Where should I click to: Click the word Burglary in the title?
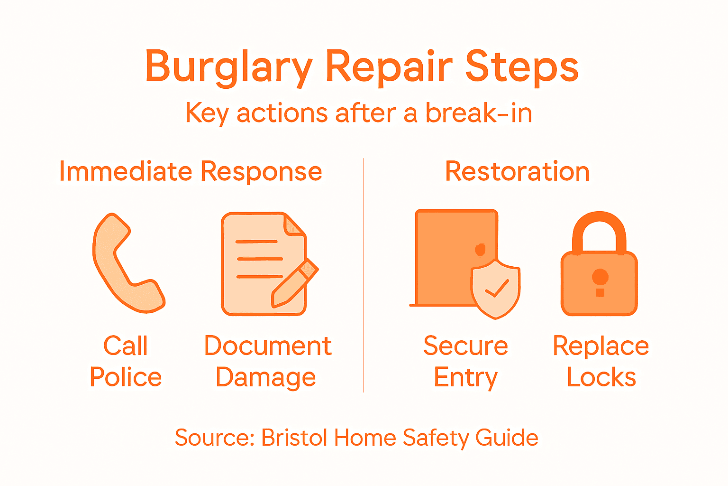228,67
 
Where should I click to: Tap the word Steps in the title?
521,67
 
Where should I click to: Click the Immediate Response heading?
191,171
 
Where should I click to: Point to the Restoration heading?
517,171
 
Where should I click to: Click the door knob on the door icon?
480,249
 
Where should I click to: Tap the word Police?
126,377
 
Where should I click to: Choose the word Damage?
266,378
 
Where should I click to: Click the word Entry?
465,378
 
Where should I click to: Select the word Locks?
601,377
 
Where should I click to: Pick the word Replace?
601,346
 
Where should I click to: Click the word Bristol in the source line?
294,437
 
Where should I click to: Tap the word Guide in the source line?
507,437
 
